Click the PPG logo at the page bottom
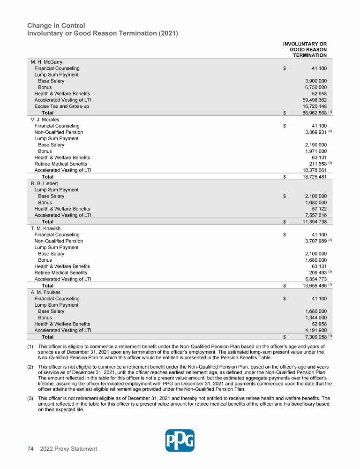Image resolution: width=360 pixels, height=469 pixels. pyautogui.click(x=180, y=440)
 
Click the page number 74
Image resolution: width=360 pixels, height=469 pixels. pyautogui.click(x=30, y=449)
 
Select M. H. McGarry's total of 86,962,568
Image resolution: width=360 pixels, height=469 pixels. pyautogui.click(x=315, y=113)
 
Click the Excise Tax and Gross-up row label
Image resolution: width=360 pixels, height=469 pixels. pyautogui.click(x=61, y=106)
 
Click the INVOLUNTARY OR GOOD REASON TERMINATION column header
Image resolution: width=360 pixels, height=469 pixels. pyautogui.click(x=305, y=50)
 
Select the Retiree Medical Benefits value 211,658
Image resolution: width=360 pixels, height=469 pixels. pyautogui.click(x=315, y=164)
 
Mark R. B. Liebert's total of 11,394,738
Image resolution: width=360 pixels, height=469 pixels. pyautogui.click(x=315, y=222)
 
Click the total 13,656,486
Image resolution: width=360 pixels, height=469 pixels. pyautogui.click(x=315, y=286)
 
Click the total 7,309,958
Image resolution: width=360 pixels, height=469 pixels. pyautogui.click(x=315, y=337)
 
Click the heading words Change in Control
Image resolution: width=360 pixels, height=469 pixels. pyautogui.click(x=56, y=25)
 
